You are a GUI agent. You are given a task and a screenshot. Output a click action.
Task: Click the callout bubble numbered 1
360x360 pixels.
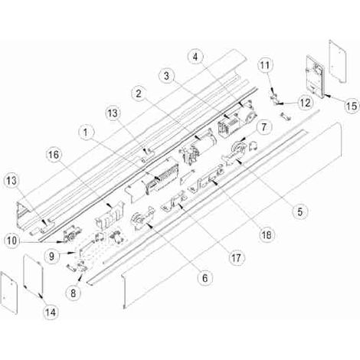click(85, 133)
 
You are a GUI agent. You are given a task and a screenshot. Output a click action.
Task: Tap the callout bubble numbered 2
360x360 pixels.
click(139, 93)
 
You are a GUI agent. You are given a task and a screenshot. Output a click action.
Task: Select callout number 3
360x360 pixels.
click(166, 76)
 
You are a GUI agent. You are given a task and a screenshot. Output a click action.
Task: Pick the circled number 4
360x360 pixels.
click(195, 57)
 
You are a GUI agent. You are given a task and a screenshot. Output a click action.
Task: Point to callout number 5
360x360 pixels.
click(299, 211)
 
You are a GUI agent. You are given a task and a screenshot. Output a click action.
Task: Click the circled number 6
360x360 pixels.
click(205, 278)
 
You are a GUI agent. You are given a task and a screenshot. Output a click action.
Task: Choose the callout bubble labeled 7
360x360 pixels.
click(263, 126)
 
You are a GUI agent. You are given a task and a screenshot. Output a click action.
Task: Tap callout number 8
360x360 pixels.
click(74, 293)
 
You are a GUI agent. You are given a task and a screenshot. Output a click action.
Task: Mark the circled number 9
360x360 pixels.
click(51, 256)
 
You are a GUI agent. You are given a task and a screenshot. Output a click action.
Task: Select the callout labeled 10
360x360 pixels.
click(11, 241)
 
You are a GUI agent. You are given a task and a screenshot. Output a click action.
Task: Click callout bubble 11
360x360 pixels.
click(265, 65)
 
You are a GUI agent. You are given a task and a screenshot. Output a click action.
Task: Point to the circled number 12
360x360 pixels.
click(306, 103)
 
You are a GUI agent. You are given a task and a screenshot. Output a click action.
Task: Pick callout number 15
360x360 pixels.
click(352, 106)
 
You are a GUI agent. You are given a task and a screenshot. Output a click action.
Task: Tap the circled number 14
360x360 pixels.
click(51, 312)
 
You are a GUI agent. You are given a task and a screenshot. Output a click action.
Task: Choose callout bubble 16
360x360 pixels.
click(54, 155)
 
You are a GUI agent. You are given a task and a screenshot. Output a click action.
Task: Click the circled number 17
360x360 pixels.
click(236, 258)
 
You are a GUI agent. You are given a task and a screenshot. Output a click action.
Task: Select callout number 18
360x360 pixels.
click(267, 234)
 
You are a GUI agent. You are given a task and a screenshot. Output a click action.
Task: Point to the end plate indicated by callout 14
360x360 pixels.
click(33, 273)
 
